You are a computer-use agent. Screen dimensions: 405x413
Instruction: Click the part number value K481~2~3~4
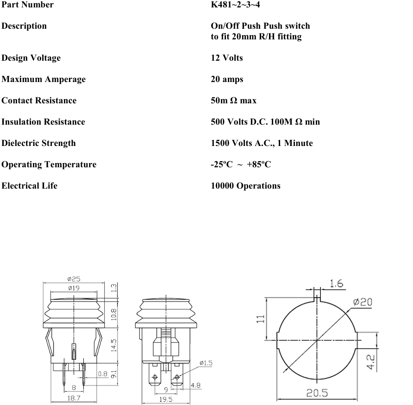coord(238,5)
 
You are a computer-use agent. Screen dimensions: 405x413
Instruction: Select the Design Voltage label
coord(31,58)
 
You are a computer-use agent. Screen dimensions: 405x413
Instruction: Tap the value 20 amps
coord(227,79)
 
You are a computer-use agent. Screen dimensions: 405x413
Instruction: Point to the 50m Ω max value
coord(233,101)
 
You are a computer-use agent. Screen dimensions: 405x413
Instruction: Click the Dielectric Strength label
coord(38,143)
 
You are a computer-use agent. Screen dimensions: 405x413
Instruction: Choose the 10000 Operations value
coord(245,186)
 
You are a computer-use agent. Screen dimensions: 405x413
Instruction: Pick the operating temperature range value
coord(241,165)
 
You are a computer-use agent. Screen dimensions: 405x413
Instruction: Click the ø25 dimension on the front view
coord(74,279)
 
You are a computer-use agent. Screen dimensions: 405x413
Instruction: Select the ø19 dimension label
coord(74,288)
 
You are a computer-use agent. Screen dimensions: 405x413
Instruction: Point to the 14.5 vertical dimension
coord(114,345)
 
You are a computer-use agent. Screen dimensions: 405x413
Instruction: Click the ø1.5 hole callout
coord(206,363)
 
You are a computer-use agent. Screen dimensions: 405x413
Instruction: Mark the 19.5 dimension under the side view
coord(166,399)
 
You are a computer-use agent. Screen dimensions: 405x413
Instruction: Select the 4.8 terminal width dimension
coord(195,385)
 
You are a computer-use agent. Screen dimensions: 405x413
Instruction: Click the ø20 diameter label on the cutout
coord(363,302)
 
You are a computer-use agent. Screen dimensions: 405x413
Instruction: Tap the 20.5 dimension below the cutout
coord(317,393)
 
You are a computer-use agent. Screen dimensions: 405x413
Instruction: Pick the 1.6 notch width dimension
coord(337,284)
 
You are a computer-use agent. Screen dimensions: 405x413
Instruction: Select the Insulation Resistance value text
coord(265,122)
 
